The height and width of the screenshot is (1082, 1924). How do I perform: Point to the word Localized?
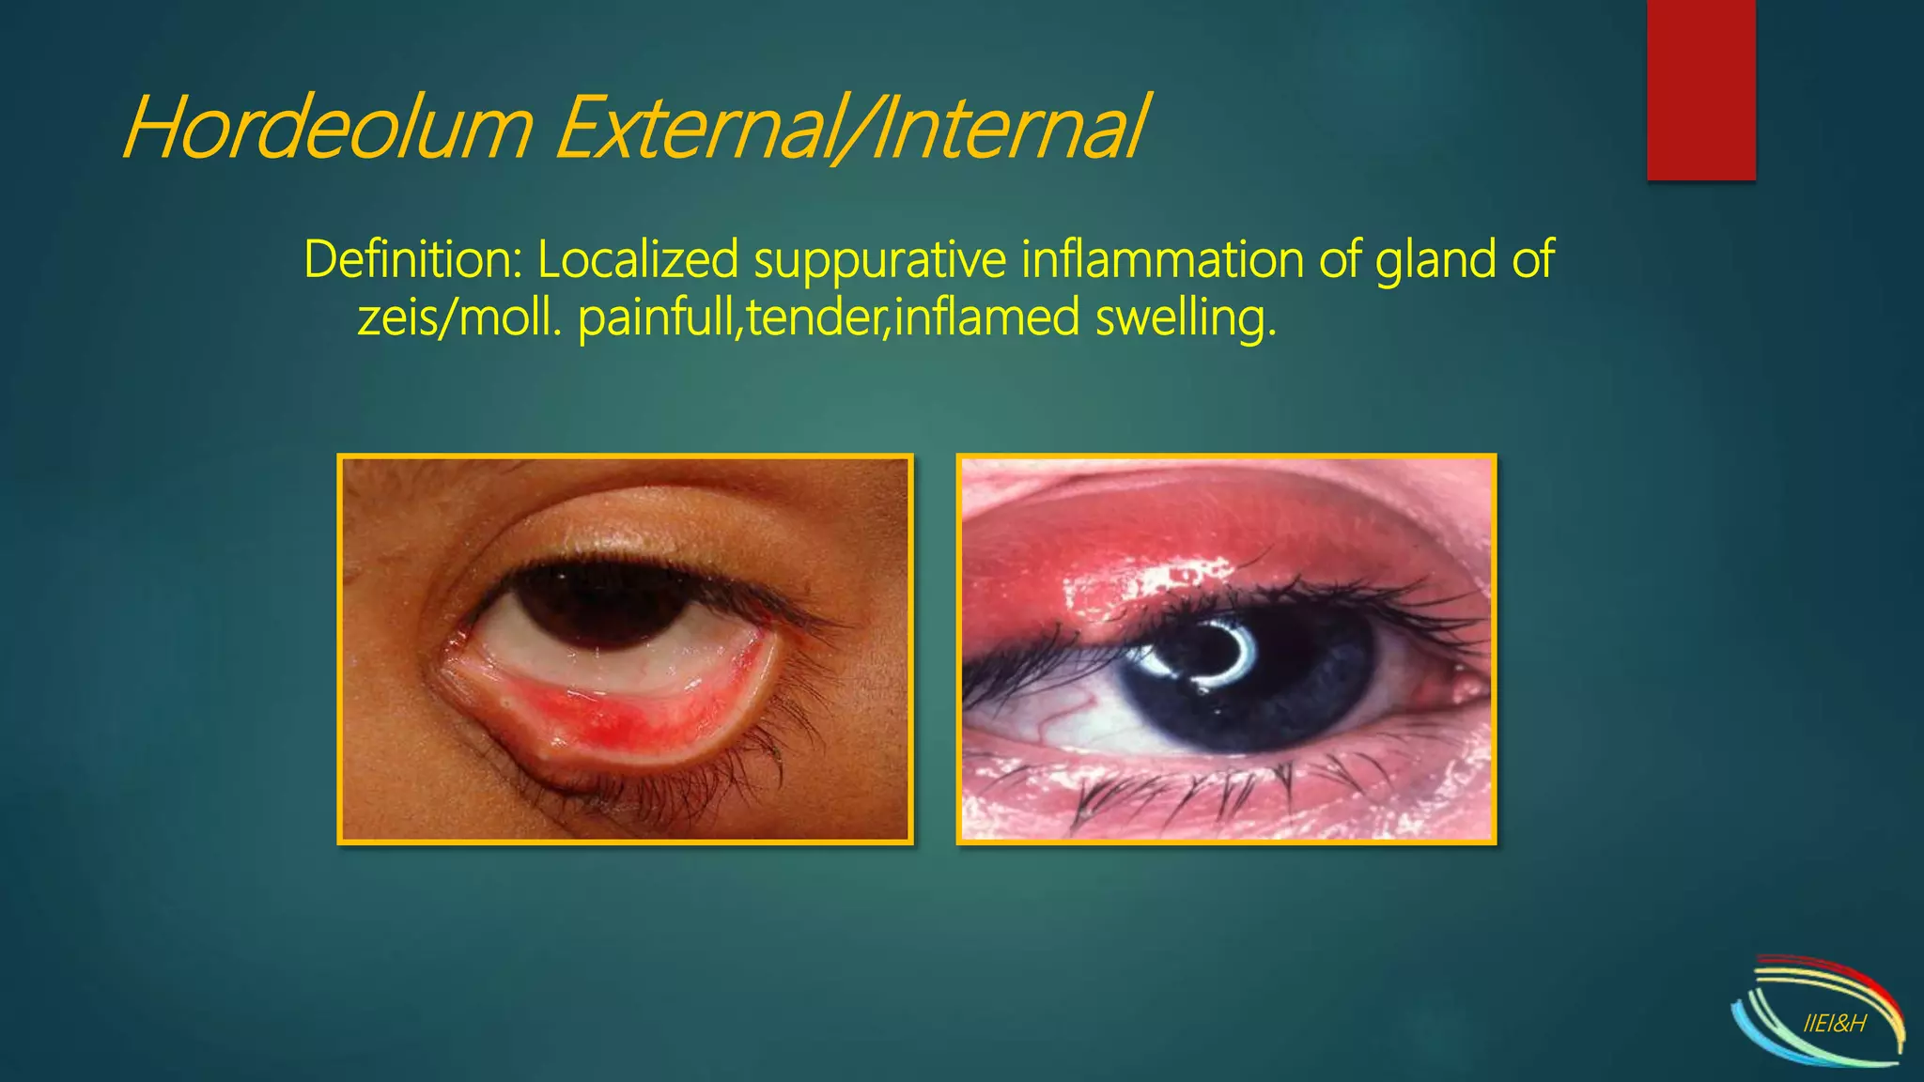click(638, 260)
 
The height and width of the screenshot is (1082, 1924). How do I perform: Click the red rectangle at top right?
click(1700, 89)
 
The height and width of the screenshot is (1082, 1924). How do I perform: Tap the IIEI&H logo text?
click(1835, 1024)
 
